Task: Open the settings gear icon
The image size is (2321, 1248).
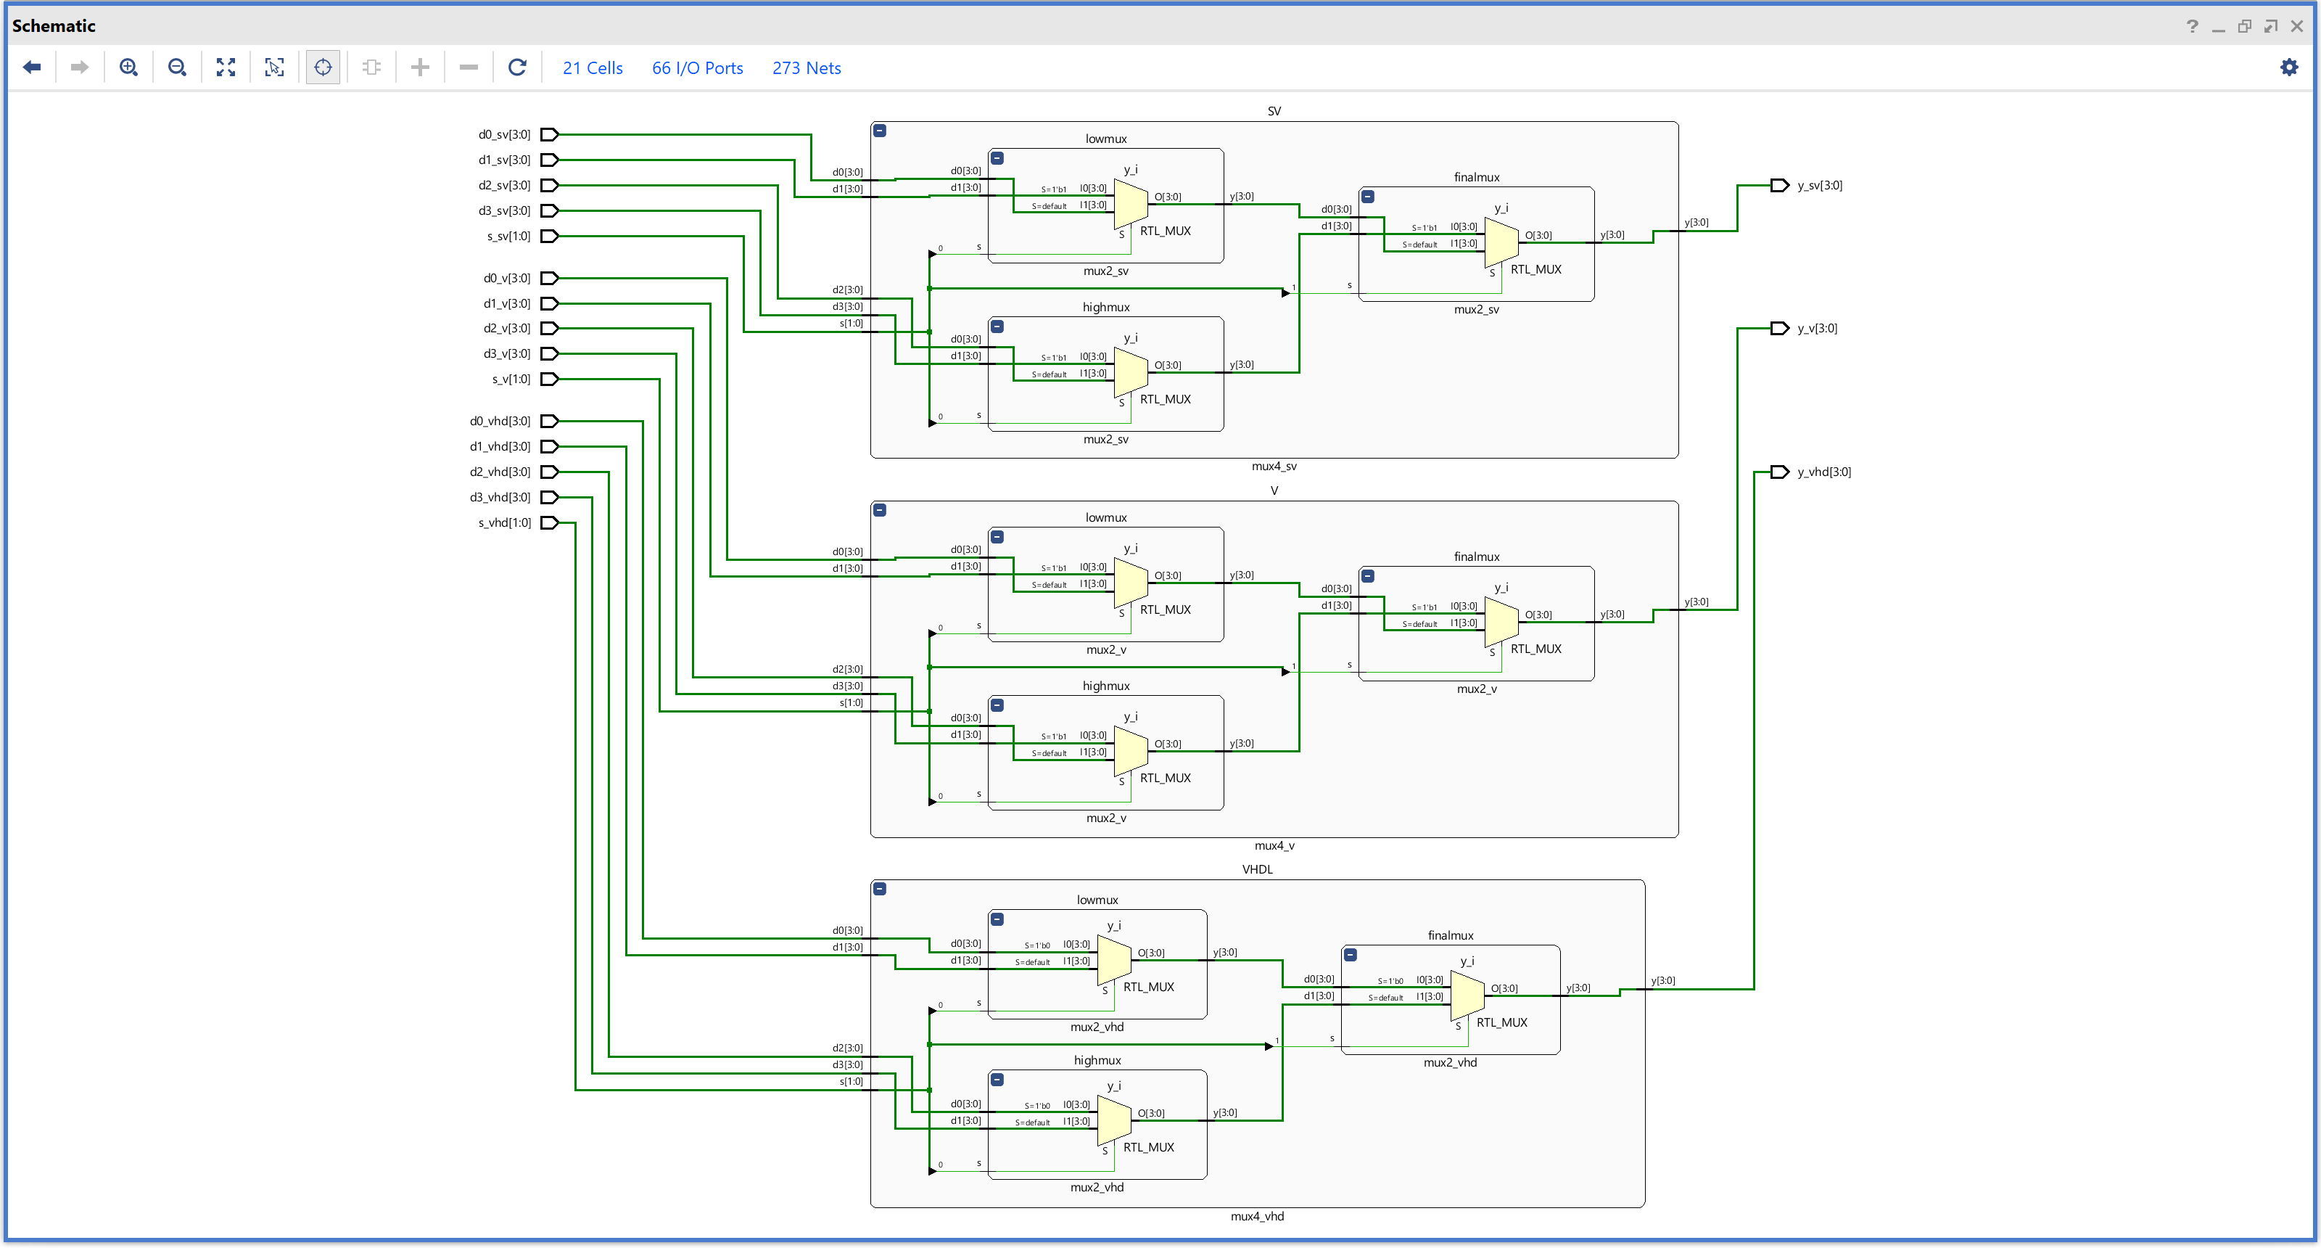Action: click(2288, 67)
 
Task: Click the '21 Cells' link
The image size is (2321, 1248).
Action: click(592, 68)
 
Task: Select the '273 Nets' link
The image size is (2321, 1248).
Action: click(806, 68)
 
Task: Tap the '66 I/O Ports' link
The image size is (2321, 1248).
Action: click(696, 68)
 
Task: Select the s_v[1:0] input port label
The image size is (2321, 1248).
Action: click(510, 379)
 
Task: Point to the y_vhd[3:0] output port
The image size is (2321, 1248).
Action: click(1779, 472)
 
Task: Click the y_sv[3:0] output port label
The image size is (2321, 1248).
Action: click(1819, 186)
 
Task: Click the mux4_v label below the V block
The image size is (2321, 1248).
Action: click(1274, 845)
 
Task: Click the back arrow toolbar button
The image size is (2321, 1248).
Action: click(33, 67)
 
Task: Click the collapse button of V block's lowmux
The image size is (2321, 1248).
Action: click(997, 537)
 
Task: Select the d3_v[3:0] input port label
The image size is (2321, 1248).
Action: click(506, 354)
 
